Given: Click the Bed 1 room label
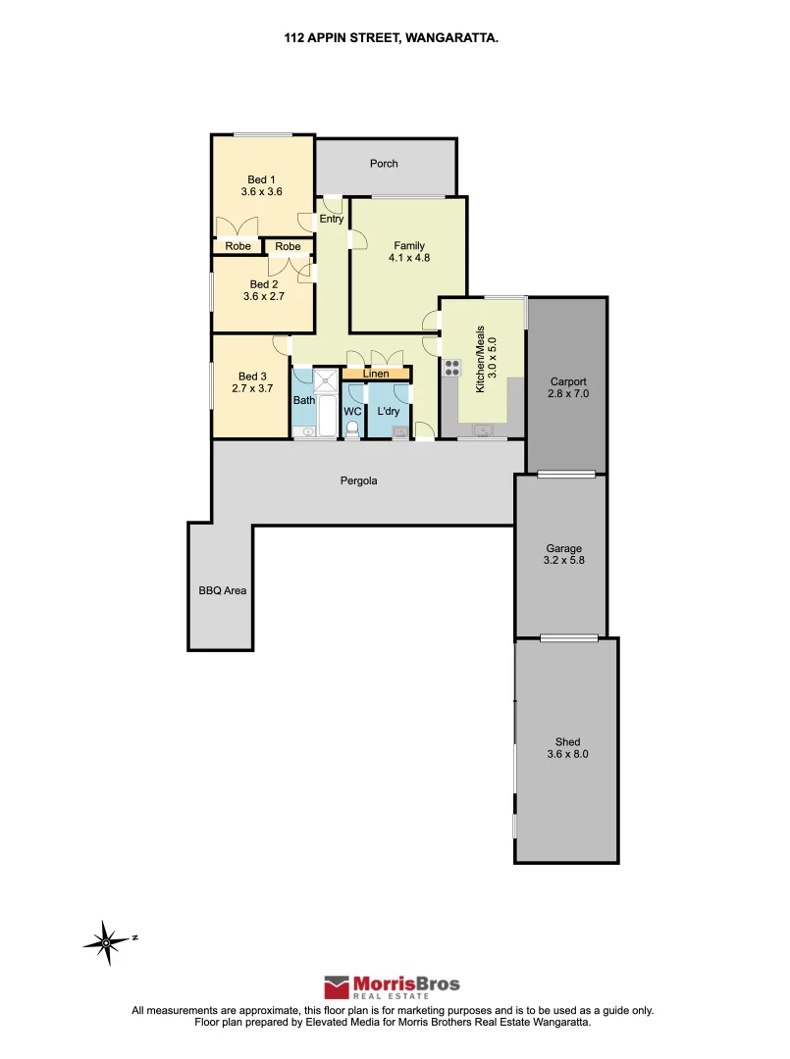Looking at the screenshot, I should [258, 179].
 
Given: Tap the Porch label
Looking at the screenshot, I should [384, 164].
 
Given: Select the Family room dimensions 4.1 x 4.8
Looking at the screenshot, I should [409, 258].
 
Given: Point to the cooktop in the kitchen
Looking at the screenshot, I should [452, 368].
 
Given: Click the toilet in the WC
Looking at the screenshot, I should [352, 428].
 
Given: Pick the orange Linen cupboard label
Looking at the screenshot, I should [376, 374].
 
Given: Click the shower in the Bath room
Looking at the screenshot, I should [326, 382].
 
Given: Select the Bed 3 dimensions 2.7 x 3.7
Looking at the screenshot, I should [252, 389].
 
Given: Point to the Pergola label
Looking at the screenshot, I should [358, 481].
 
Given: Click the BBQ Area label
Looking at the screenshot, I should [222, 591].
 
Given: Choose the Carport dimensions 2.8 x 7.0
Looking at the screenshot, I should [568, 394].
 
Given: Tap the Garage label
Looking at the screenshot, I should [564, 549].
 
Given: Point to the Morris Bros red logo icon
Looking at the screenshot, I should [338, 986].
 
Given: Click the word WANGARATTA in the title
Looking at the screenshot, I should [456, 39].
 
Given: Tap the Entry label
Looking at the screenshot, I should [332, 219].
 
